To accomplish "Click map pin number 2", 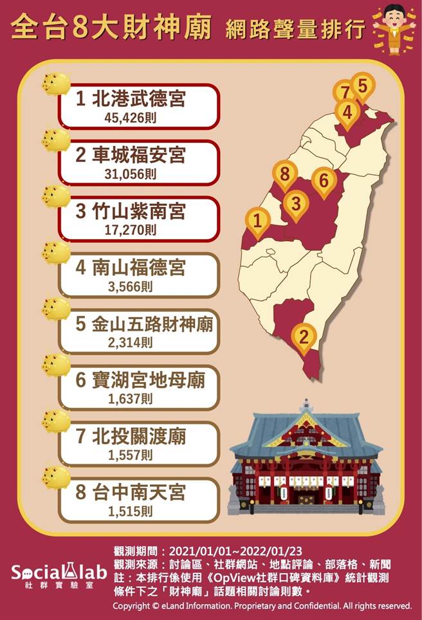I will (x=304, y=335).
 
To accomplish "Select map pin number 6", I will (x=324, y=180).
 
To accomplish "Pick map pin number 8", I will (x=284, y=172).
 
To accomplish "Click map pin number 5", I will (x=362, y=84).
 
